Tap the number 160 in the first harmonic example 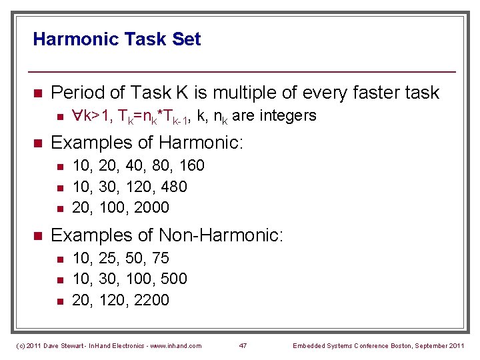coord(191,165)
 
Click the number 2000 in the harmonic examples coord(151,207)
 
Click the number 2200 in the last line coord(151,300)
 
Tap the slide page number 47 coord(243,345)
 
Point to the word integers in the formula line coord(288,116)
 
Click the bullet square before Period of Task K coord(38,93)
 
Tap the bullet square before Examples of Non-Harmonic coord(38,236)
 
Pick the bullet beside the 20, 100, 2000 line coord(59,208)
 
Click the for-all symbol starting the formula coord(77,116)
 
